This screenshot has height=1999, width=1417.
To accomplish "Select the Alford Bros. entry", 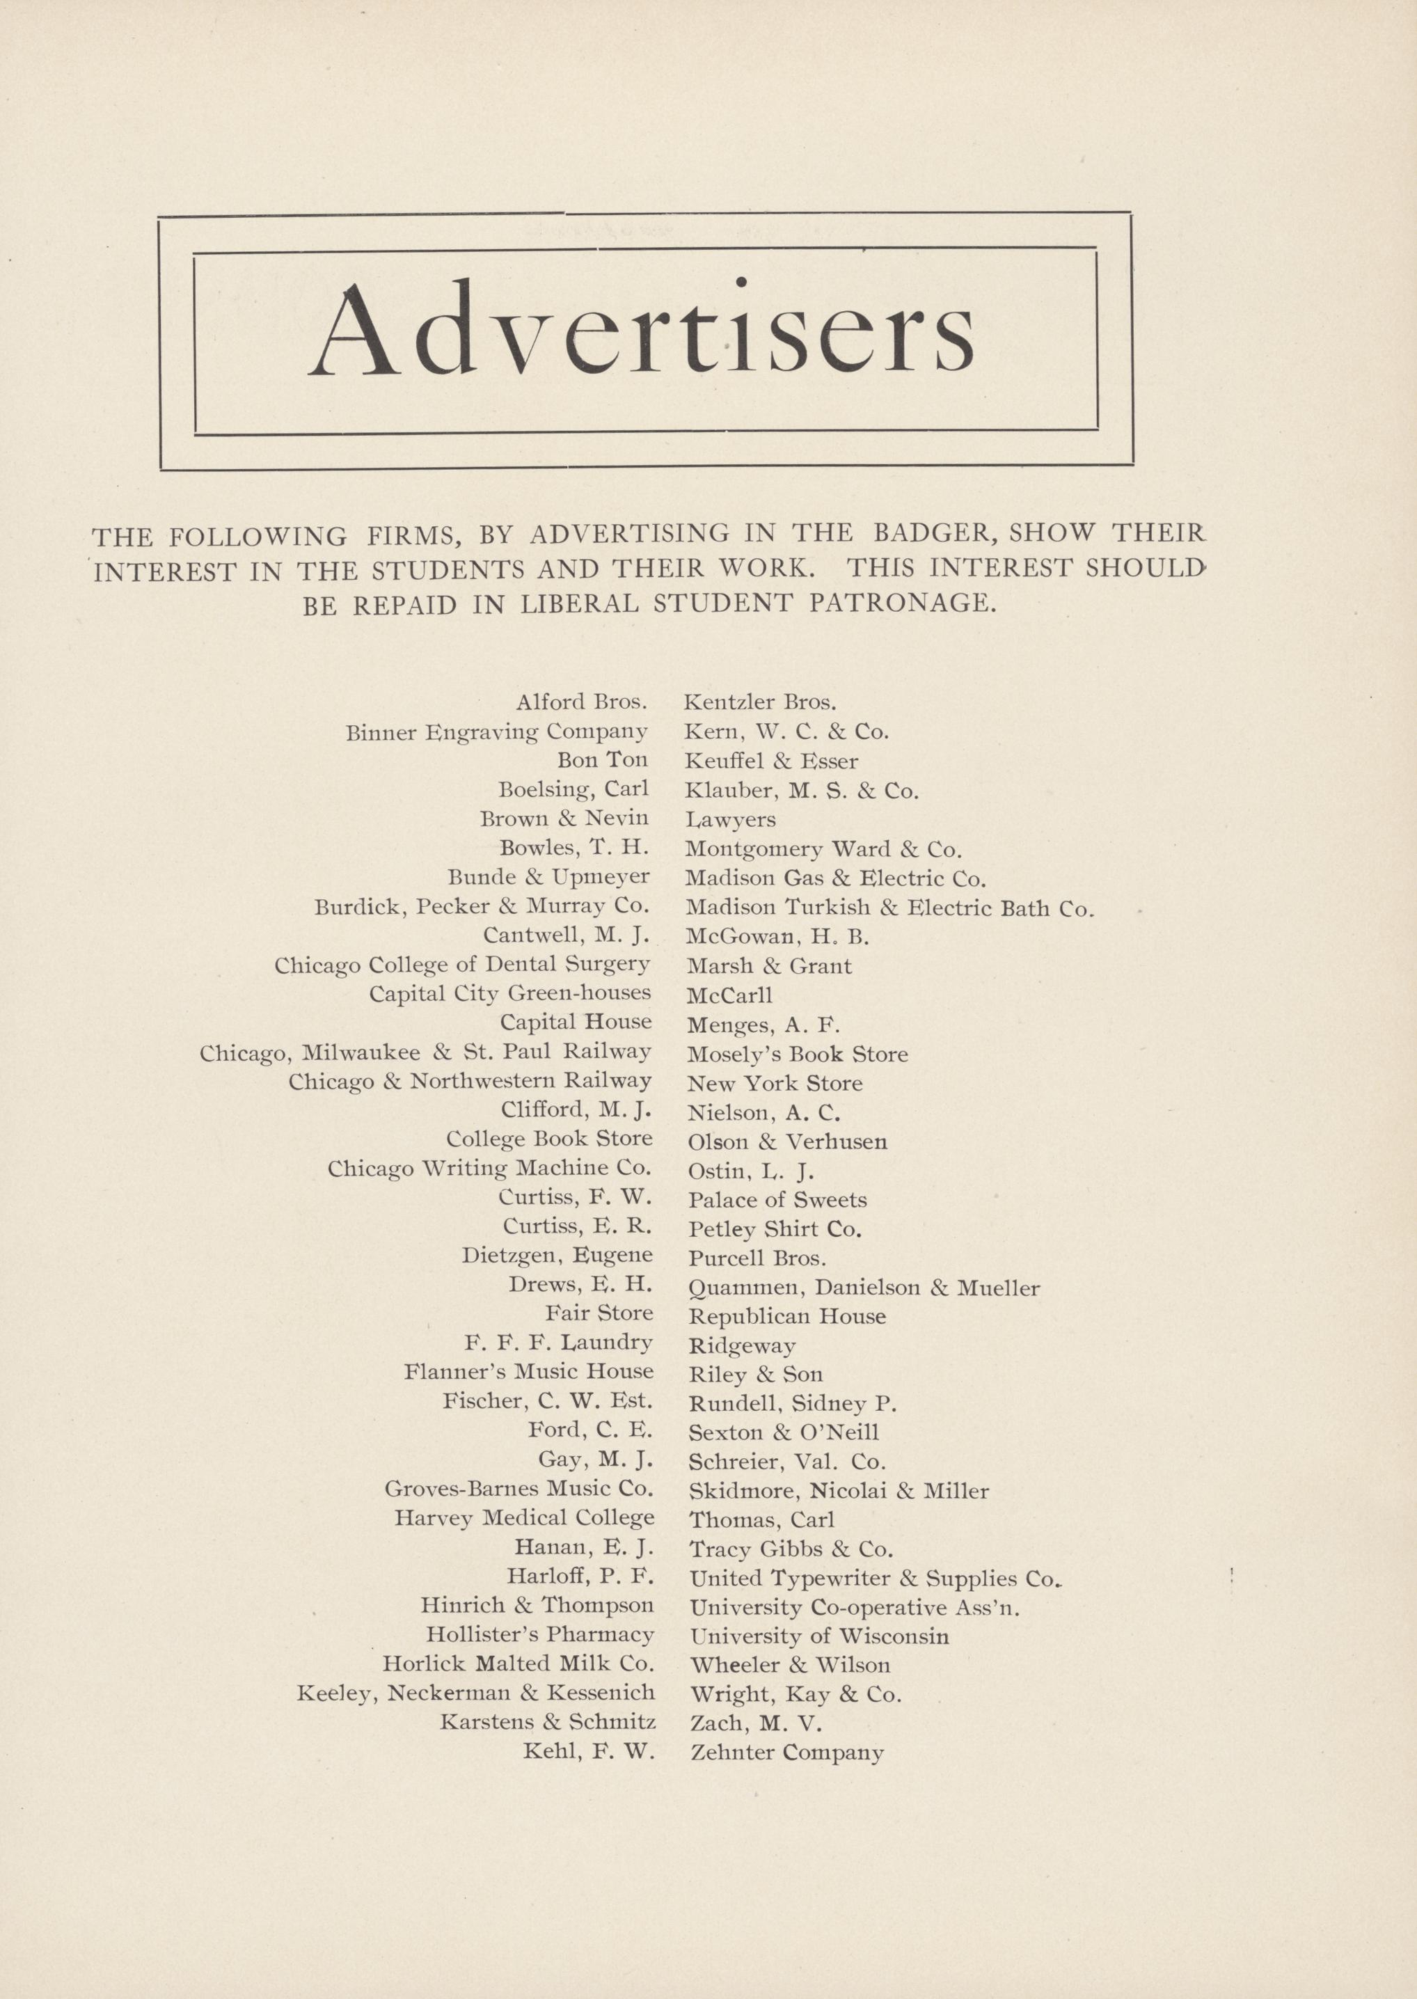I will pyautogui.click(x=581, y=702).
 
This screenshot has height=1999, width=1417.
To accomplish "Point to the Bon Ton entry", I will pyautogui.click(x=603, y=760).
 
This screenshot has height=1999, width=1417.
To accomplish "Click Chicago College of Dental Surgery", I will pyautogui.click(x=462, y=964).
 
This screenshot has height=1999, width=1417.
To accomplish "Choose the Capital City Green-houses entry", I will pyautogui.click(x=509, y=993).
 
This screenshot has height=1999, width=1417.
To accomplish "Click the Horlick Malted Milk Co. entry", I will pyautogui.click(x=518, y=1663).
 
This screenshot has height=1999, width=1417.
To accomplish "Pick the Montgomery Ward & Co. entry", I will pyautogui.click(x=823, y=848).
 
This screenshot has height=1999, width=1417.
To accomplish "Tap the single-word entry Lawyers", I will pyautogui.click(x=730, y=819).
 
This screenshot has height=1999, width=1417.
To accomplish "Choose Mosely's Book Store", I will pyautogui.click(x=798, y=1054).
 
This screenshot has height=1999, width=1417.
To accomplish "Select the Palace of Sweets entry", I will pyautogui.click(x=777, y=1200).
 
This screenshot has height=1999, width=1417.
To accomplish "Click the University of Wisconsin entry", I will pyautogui.click(x=819, y=1636).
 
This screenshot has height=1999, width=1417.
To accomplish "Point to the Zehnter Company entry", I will pyautogui.click(x=787, y=1752).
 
